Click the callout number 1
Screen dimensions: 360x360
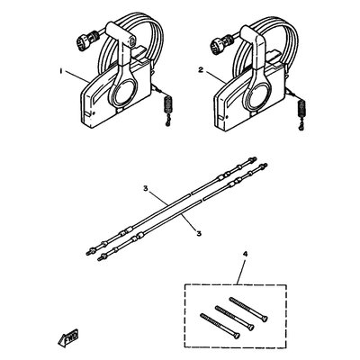[x=60, y=68]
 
